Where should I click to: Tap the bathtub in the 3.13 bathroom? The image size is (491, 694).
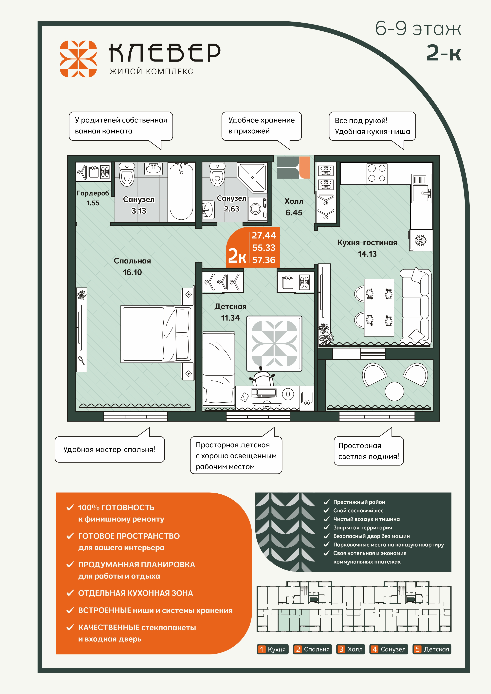tap(181, 192)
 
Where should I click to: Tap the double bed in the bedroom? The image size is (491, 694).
tap(156, 334)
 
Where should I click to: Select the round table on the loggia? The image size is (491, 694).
tap(394, 391)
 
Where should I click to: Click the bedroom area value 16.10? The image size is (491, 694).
tap(132, 272)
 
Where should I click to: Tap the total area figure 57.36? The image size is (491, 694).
tap(264, 260)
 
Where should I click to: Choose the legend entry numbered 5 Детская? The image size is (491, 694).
tap(432, 649)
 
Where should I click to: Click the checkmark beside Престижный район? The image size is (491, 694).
tap(327, 502)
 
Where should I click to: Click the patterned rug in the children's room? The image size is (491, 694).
tap(274, 343)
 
